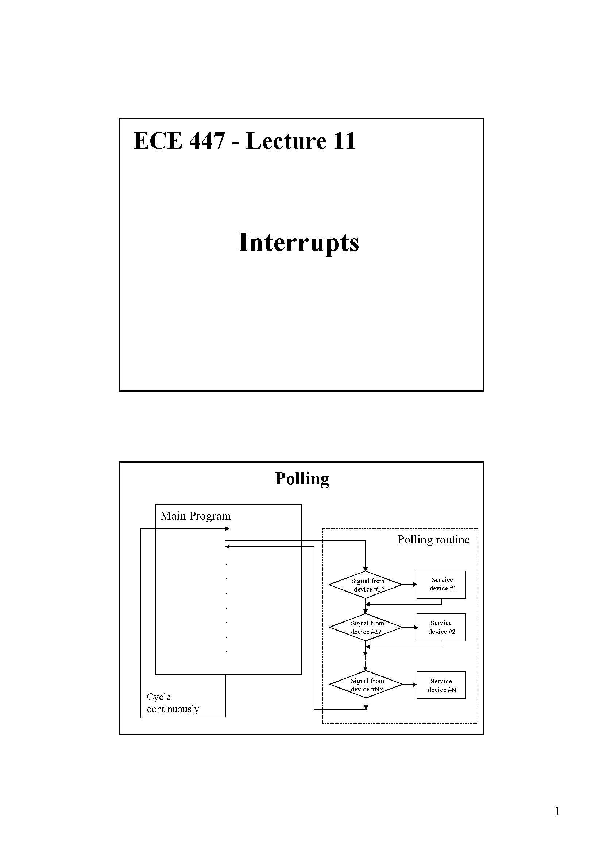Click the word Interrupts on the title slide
299,243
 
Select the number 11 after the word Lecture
344,141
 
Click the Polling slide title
302,478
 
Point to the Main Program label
196,516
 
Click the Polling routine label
433,539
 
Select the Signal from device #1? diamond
366,585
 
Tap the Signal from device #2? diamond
366,628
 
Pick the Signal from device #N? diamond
366,685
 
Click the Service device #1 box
441,584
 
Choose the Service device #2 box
441,627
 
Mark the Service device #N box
441,685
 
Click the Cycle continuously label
173,703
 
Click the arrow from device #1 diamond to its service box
409,584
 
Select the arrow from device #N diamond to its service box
410,684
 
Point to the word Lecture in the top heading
286,141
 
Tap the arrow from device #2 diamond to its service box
410,628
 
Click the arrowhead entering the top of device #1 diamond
366,569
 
